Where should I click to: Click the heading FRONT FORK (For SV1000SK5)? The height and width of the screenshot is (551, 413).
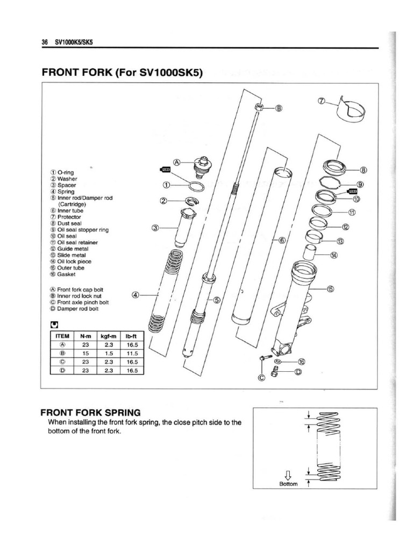click(x=122, y=73)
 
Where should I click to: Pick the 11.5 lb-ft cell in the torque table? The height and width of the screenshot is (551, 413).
click(x=132, y=353)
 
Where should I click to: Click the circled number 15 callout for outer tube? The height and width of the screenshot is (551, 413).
click(x=330, y=289)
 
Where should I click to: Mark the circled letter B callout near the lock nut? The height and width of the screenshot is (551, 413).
click(x=278, y=108)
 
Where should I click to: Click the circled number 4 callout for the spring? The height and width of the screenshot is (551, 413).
click(x=136, y=295)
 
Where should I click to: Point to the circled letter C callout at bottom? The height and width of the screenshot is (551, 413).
click(x=262, y=377)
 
